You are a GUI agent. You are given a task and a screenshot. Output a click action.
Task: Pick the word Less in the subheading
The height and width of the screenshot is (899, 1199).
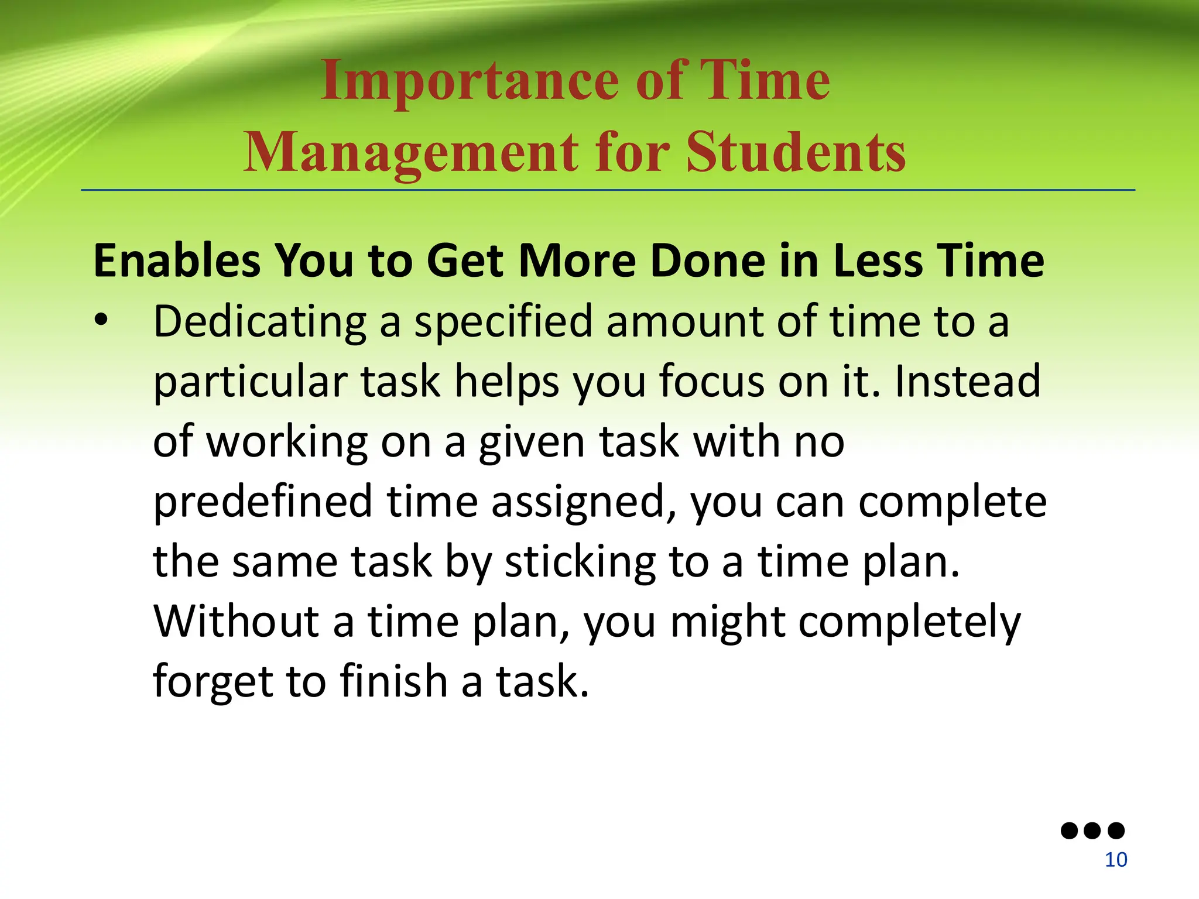878,260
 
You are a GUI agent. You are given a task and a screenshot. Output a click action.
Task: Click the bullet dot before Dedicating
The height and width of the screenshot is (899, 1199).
102,321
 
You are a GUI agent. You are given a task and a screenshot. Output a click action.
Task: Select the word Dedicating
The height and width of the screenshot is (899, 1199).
260,323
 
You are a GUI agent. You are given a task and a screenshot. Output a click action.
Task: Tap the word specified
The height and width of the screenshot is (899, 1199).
503,323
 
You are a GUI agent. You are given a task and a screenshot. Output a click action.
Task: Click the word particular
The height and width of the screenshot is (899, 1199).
251,383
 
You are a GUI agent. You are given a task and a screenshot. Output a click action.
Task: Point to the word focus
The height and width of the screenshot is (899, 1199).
712,382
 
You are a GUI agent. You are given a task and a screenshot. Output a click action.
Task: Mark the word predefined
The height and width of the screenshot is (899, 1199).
263,502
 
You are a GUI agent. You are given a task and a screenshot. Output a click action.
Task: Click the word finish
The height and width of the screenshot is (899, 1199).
394,681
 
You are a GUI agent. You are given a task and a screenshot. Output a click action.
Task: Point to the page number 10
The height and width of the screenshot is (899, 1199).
1116,860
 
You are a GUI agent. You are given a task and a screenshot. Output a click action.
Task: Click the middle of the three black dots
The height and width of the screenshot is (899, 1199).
1092,831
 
